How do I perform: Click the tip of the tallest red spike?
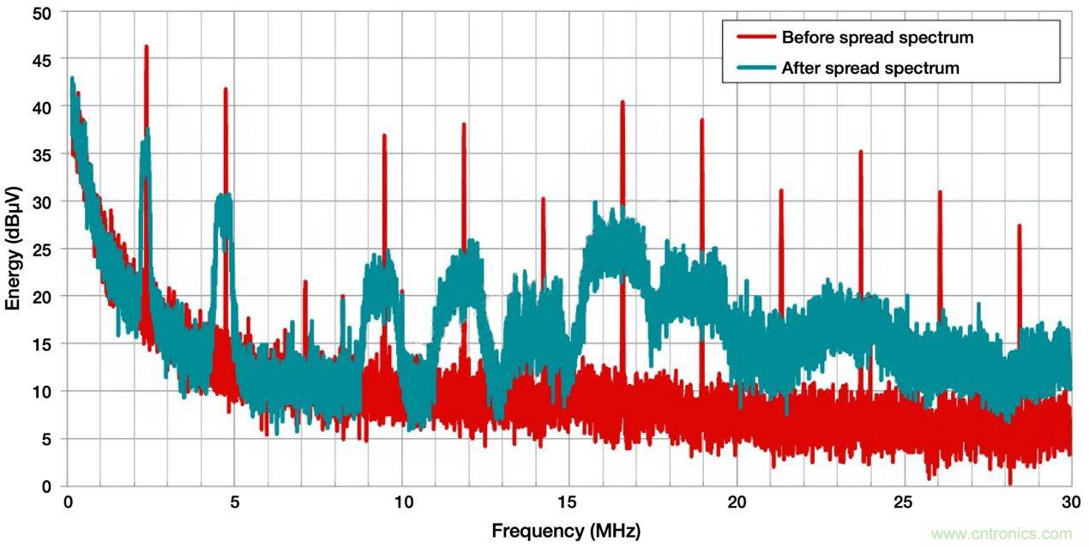(x=146, y=46)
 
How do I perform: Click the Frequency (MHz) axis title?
(x=566, y=530)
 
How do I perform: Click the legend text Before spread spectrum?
(x=877, y=38)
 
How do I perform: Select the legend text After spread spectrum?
(x=870, y=68)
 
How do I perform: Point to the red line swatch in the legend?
(x=755, y=38)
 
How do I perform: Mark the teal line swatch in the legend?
(x=755, y=68)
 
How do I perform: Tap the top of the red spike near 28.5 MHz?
(x=1019, y=225)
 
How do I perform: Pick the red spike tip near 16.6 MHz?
(x=623, y=102)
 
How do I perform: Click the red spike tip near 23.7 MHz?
(x=860, y=152)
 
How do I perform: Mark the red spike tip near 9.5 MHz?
(x=384, y=135)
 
